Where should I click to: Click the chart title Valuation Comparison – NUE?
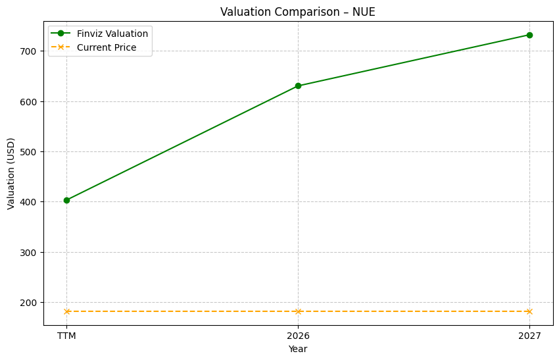[297, 12]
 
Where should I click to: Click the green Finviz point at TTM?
[66, 200]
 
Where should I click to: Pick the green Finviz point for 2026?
[298, 86]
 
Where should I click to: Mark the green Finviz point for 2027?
[529, 35]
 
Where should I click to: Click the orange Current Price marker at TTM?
[66, 311]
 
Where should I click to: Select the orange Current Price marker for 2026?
[298, 311]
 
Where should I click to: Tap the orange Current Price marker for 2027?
[529, 311]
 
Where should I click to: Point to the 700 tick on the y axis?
[30, 51]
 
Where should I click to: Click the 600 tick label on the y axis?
[30, 101]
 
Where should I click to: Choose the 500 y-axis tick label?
[30, 152]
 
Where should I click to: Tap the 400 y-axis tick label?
[30, 202]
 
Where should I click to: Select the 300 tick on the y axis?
[30, 252]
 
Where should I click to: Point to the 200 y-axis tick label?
[30, 303]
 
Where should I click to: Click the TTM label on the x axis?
[66, 336]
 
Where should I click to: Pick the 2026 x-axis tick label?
[298, 336]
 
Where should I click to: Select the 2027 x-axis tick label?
[529, 336]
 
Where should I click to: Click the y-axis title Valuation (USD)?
[11, 173]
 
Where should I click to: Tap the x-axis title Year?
[298, 349]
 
